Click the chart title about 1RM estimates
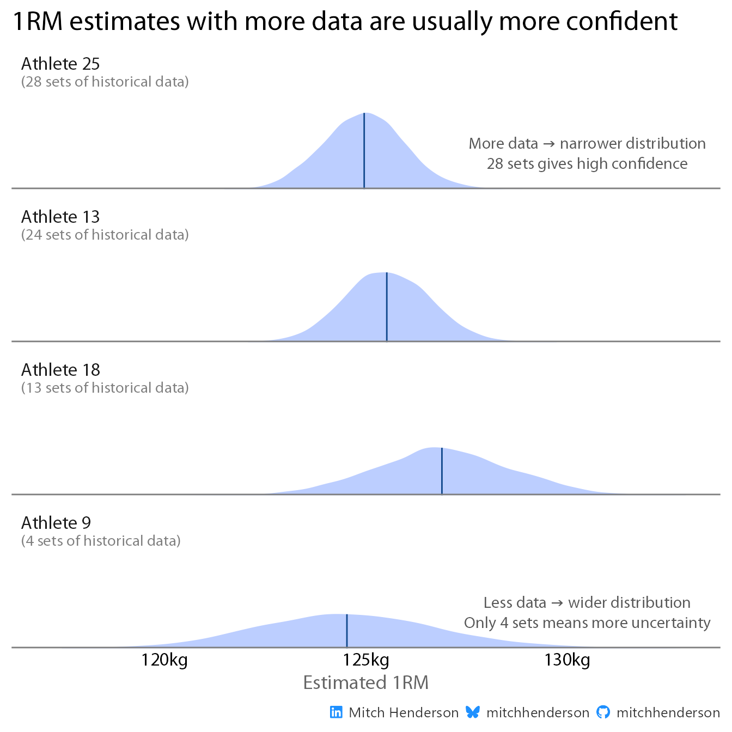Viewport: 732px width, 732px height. click(345, 22)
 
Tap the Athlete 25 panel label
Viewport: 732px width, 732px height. click(60, 64)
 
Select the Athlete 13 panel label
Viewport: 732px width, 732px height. click(60, 217)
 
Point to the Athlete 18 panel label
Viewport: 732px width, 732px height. click(60, 370)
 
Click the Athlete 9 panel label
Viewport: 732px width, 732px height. click(56, 523)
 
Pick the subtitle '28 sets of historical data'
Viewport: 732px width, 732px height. click(105, 82)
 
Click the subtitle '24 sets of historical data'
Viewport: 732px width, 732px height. click(105, 235)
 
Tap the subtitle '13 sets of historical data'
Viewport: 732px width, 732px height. click(105, 388)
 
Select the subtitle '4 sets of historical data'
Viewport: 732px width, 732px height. click(101, 541)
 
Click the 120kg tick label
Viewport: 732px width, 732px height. click(164, 661)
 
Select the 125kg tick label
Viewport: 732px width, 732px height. click(366, 661)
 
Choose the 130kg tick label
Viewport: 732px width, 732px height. click(567, 661)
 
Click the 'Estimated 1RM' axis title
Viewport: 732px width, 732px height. click(366, 683)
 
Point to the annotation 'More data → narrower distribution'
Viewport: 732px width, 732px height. click(587, 144)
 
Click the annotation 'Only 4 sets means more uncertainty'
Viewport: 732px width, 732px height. click(587, 623)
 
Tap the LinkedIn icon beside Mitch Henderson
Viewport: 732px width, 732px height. click(337, 712)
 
